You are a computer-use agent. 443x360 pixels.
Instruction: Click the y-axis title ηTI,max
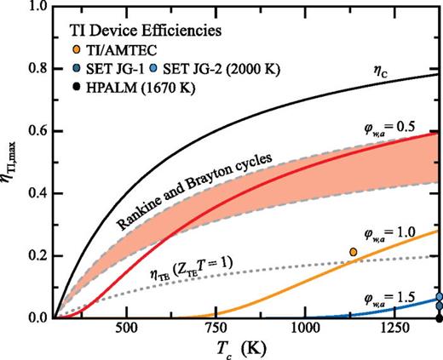click(11, 162)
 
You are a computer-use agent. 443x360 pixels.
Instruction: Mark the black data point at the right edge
click(440, 318)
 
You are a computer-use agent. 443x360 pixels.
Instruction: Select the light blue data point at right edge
click(440, 297)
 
